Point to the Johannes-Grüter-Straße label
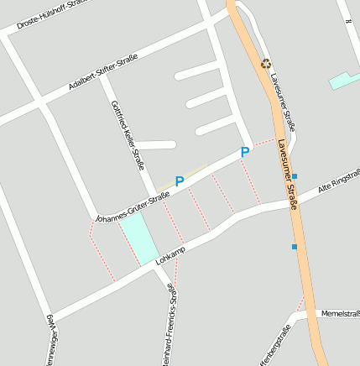pyautogui.click(x=133, y=207)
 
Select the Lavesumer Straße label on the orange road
pyautogui.click(x=289, y=180)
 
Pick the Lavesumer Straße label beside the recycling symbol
pyautogui.click(x=284, y=99)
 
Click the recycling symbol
pyautogui.click(x=267, y=63)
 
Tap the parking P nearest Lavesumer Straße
pyautogui.click(x=245, y=152)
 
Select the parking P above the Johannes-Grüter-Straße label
pyautogui.click(x=180, y=180)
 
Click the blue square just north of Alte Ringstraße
pyautogui.click(x=295, y=176)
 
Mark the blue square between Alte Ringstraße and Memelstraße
pyautogui.click(x=295, y=247)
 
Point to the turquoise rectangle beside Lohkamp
pyautogui.click(x=138, y=238)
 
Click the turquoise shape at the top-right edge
pyautogui.click(x=344, y=81)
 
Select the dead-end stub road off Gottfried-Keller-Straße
pyautogui.click(x=154, y=144)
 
